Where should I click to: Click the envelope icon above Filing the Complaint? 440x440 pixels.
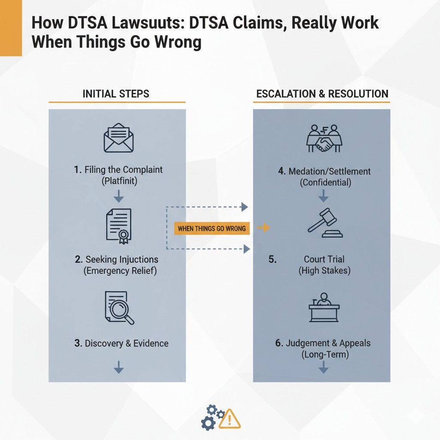(119, 138)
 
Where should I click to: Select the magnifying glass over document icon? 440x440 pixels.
(119, 307)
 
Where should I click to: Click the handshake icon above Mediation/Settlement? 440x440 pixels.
(324, 138)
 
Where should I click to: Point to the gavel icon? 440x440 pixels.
(325, 223)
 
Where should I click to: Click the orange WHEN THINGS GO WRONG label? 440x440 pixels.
(212, 228)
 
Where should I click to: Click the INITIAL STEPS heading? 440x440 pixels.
(116, 94)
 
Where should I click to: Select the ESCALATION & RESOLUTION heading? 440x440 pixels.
(322, 94)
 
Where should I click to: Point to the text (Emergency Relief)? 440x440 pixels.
(120, 271)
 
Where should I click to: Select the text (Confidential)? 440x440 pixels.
(325, 182)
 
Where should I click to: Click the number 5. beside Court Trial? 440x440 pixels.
(272, 260)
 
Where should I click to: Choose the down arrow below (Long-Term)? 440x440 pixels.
(324, 367)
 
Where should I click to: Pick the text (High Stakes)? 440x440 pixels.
(324, 271)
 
